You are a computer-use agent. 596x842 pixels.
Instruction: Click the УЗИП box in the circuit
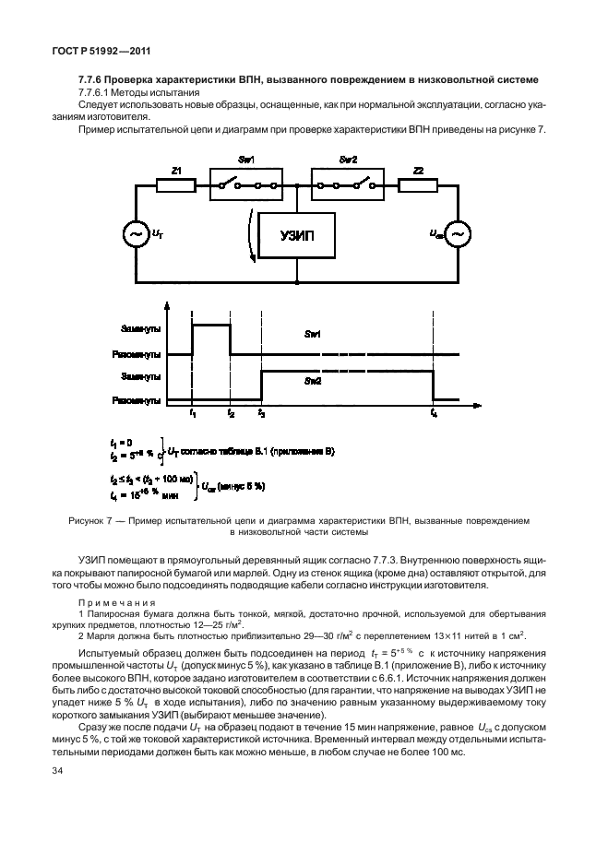pyautogui.click(x=297, y=234)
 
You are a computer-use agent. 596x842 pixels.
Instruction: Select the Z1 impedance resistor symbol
pyautogui.click(x=175, y=185)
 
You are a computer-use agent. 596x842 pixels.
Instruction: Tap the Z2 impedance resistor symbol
pyautogui.click(x=418, y=185)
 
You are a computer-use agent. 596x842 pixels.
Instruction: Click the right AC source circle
pyautogui.click(x=455, y=234)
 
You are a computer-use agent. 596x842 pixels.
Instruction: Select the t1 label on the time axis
pyautogui.click(x=192, y=414)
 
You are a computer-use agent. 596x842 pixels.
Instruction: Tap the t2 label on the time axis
pyautogui.click(x=231, y=414)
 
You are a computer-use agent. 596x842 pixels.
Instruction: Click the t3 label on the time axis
pyautogui.click(x=261, y=414)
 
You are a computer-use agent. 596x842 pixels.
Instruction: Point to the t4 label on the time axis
pyautogui.click(x=433, y=414)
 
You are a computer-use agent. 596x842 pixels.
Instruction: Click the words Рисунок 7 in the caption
pyautogui.click(x=93, y=521)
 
